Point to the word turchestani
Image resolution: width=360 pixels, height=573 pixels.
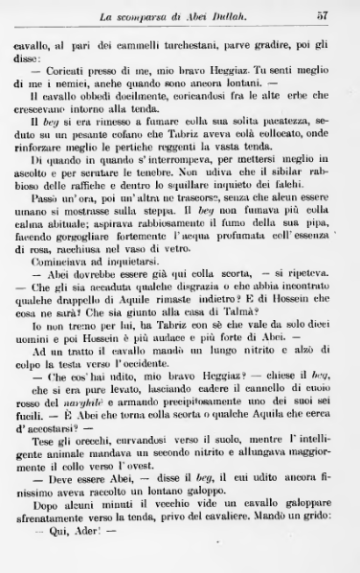pyautogui.click(x=219, y=44)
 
